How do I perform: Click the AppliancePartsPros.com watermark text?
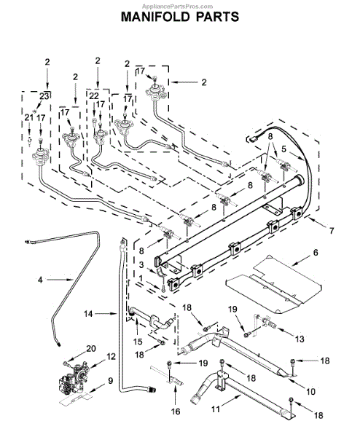tap(177, 6)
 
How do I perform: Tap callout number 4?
tap(40, 280)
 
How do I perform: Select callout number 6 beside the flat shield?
tap(316, 253)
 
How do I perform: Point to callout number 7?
tap(332, 231)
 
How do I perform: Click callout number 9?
tap(111, 380)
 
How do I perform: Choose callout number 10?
tap(310, 391)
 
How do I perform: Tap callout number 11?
tap(215, 409)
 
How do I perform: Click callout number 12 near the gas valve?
tap(111, 356)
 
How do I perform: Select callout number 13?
tap(300, 339)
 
